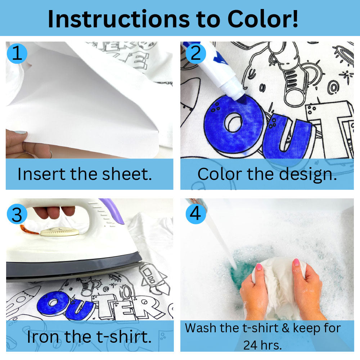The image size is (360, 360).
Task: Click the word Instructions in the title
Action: (x=118, y=19)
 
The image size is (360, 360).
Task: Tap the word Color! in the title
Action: (x=263, y=19)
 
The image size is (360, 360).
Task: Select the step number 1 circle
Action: (x=17, y=54)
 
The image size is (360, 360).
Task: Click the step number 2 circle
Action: (x=195, y=54)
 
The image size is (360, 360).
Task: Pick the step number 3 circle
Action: (x=17, y=214)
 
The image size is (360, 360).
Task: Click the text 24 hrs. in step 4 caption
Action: (x=262, y=345)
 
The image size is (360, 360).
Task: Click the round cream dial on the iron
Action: (x=59, y=232)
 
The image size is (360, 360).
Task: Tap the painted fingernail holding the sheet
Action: (x=20, y=132)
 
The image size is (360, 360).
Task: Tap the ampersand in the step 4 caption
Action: (x=285, y=328)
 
